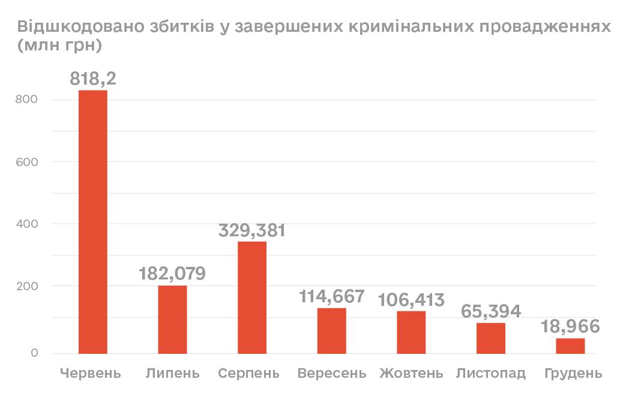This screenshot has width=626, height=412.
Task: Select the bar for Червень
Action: pos(93,222)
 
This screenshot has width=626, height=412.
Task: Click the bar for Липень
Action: pos(173,320)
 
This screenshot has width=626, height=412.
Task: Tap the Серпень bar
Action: pos(252,297)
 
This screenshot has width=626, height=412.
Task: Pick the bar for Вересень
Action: pos(332,331)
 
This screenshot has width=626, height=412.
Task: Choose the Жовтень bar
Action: pos(411,332)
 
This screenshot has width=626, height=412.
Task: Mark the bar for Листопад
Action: pos(491,338)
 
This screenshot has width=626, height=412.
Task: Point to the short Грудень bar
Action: pos(570,346)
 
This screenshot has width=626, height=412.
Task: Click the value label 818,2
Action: pos(93,79)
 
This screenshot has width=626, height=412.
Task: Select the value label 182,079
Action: pos(172,273)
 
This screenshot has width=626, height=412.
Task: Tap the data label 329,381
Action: pos(252,230)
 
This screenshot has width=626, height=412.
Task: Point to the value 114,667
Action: pos(332,296)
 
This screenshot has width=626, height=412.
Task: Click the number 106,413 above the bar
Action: pos(411,299)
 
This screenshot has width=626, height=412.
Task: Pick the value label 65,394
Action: pos(491,311)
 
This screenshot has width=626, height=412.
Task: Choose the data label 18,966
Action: pos(570,327)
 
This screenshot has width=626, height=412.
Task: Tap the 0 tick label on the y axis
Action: pos(34,353)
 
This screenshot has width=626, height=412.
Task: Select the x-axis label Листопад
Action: pos(491,374)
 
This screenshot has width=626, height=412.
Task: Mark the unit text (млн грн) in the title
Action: pos(58,46)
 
